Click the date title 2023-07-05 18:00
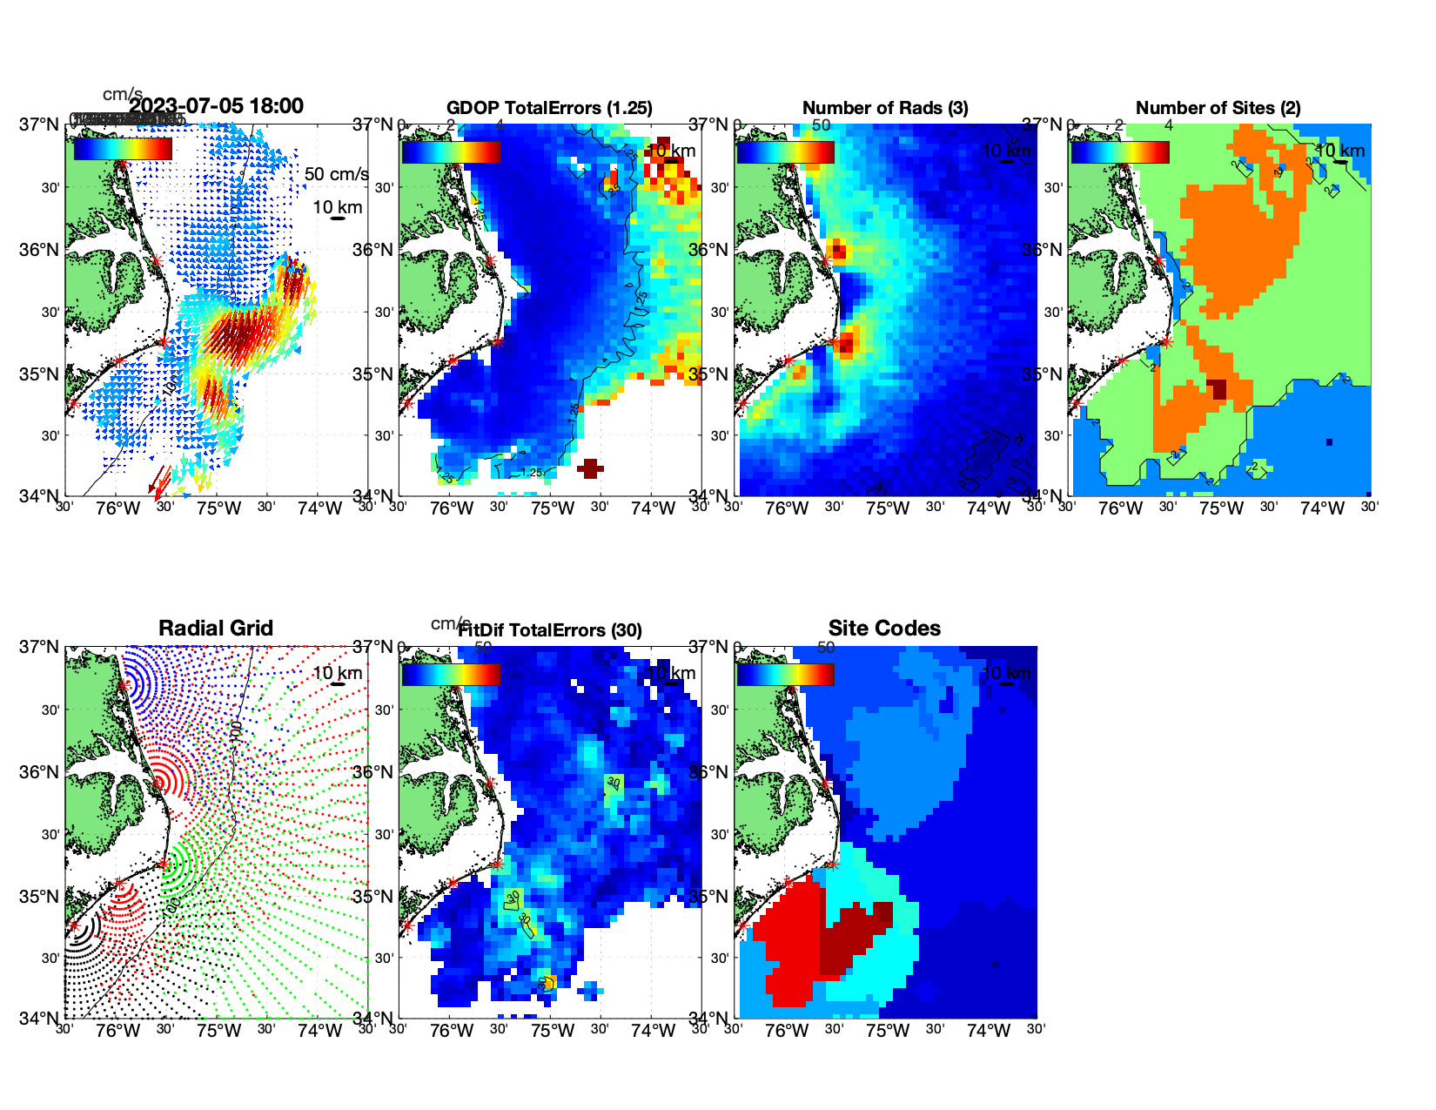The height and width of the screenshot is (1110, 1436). point(216,106)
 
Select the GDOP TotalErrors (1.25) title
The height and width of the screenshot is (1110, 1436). point(549,108)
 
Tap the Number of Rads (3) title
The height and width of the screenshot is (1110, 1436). point(885,108)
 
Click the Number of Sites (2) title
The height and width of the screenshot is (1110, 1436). point(1218,108)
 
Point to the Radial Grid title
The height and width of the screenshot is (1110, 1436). point(216,629)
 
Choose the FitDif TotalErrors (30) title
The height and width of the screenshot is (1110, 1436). point(550,630)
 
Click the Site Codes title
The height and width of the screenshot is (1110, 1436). point(884,629)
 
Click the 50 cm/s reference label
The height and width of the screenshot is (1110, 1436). point(336,174)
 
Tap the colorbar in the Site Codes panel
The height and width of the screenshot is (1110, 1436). point(785,674)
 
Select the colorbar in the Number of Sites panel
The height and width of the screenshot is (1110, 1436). point(1120,151)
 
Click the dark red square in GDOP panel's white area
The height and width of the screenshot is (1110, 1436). point(590,469)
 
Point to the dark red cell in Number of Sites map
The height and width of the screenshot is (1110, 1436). point(1216,389)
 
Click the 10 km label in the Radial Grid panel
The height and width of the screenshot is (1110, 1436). point(338,673)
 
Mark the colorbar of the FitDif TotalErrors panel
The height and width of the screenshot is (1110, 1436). point(451,674)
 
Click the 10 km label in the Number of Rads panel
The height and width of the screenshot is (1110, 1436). point(1006,151)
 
